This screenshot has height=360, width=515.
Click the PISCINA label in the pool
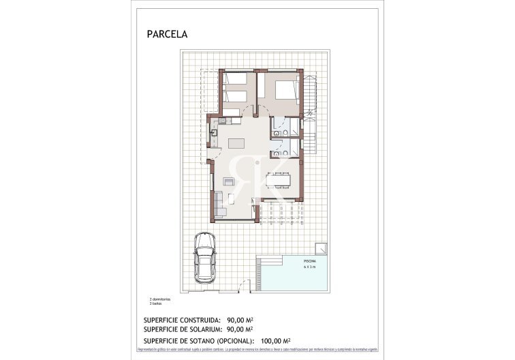pos(309,261)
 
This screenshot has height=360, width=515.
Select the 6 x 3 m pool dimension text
pos(309,267)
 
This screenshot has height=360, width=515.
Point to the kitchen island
pos(236,144)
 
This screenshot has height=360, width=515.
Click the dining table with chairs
pos(279,180)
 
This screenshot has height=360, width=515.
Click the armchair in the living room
pos(229,181)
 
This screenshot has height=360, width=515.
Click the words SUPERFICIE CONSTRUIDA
pos(181,319)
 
